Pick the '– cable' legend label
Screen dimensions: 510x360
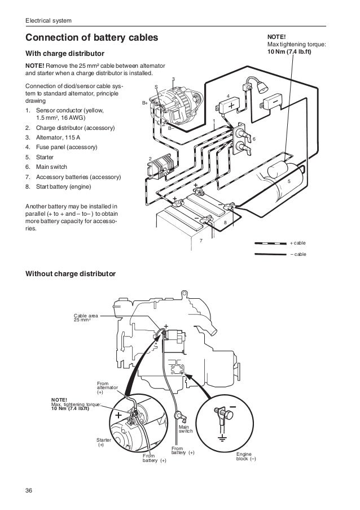coord(298,254)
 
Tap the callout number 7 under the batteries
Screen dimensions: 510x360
coord(200,241)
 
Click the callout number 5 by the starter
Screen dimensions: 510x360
coord(289,181)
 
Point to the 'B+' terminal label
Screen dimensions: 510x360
coord(144,103)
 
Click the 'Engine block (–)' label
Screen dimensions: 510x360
coord(245,456)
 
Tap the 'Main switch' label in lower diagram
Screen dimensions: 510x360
coord(185,429)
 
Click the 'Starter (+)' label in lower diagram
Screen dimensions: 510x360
coord(104,442)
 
